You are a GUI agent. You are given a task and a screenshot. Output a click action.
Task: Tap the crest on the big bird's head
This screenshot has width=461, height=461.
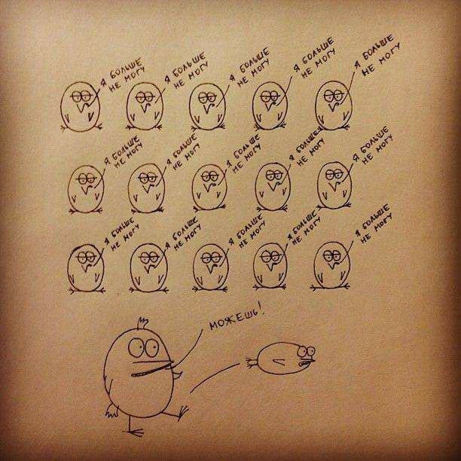[143, 323]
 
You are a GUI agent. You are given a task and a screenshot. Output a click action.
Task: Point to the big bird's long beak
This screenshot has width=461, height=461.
[152, 368]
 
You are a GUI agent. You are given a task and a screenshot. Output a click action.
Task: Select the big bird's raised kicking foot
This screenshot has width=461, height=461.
[183, 412]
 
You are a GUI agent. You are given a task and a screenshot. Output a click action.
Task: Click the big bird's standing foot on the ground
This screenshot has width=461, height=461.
[135, 432]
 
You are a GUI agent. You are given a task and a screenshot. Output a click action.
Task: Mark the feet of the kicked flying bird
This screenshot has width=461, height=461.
[252, 363]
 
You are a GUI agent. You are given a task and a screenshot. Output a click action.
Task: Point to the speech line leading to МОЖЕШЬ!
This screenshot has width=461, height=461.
[191, 349]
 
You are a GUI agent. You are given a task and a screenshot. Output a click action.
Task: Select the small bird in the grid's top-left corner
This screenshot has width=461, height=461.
[81, 107]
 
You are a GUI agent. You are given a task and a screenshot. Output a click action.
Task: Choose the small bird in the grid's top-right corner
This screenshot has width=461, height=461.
[334, 105]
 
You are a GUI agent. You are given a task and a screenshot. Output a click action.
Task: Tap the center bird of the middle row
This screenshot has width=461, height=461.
[209, 188]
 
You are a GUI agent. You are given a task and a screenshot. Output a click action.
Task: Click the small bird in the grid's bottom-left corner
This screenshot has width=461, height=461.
[86, 268]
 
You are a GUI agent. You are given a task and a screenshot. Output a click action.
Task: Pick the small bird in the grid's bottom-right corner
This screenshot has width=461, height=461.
[331, 265]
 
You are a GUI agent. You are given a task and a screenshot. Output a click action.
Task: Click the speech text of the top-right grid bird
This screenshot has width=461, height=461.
[377, 56]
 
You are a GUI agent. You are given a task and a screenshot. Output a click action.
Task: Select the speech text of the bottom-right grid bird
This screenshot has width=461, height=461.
[374, 224]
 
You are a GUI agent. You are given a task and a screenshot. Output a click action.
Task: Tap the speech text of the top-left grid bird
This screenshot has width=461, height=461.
[123, 75]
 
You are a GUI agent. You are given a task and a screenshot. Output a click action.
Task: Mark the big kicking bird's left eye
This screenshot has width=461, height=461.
[136, 347]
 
